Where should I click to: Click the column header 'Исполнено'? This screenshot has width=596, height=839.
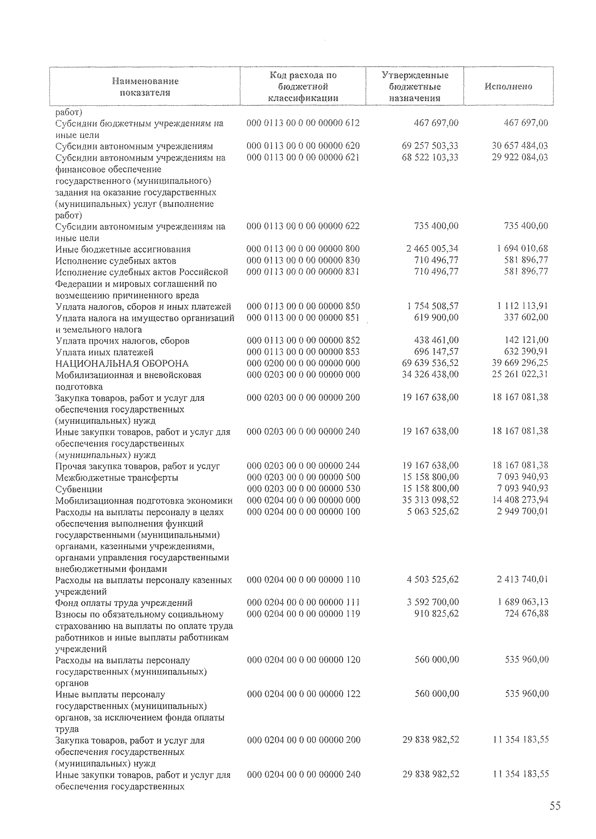[508, 86]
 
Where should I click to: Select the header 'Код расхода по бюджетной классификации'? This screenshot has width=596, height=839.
[303, 86]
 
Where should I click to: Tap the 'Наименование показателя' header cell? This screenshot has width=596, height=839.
[145, 86]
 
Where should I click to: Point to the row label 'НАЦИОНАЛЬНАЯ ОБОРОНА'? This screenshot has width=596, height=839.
[122, 364]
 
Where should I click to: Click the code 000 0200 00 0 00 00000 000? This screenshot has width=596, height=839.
[303, 363]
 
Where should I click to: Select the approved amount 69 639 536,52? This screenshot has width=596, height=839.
[430, 363]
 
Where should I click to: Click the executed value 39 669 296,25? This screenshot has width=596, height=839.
[520, 363]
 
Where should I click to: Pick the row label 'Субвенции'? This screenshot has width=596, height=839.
[79, 489]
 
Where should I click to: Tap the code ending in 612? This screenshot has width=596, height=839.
[303, 123]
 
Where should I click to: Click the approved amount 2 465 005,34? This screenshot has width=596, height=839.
[432, 248]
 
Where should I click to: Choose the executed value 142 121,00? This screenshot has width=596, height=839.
[526, 340]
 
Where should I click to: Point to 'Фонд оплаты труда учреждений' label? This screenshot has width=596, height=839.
[124, 603]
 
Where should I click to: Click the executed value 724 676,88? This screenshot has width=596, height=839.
[526, 613]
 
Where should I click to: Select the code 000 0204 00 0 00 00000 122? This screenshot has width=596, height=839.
[303, 694]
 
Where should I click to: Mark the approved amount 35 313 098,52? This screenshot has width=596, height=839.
[430, 500]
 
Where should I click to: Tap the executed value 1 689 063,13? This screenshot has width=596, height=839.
[522, 603]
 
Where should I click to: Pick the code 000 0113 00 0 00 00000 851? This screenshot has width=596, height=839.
[303, 317]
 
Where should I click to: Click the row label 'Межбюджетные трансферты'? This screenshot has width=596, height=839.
[117, 478]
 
